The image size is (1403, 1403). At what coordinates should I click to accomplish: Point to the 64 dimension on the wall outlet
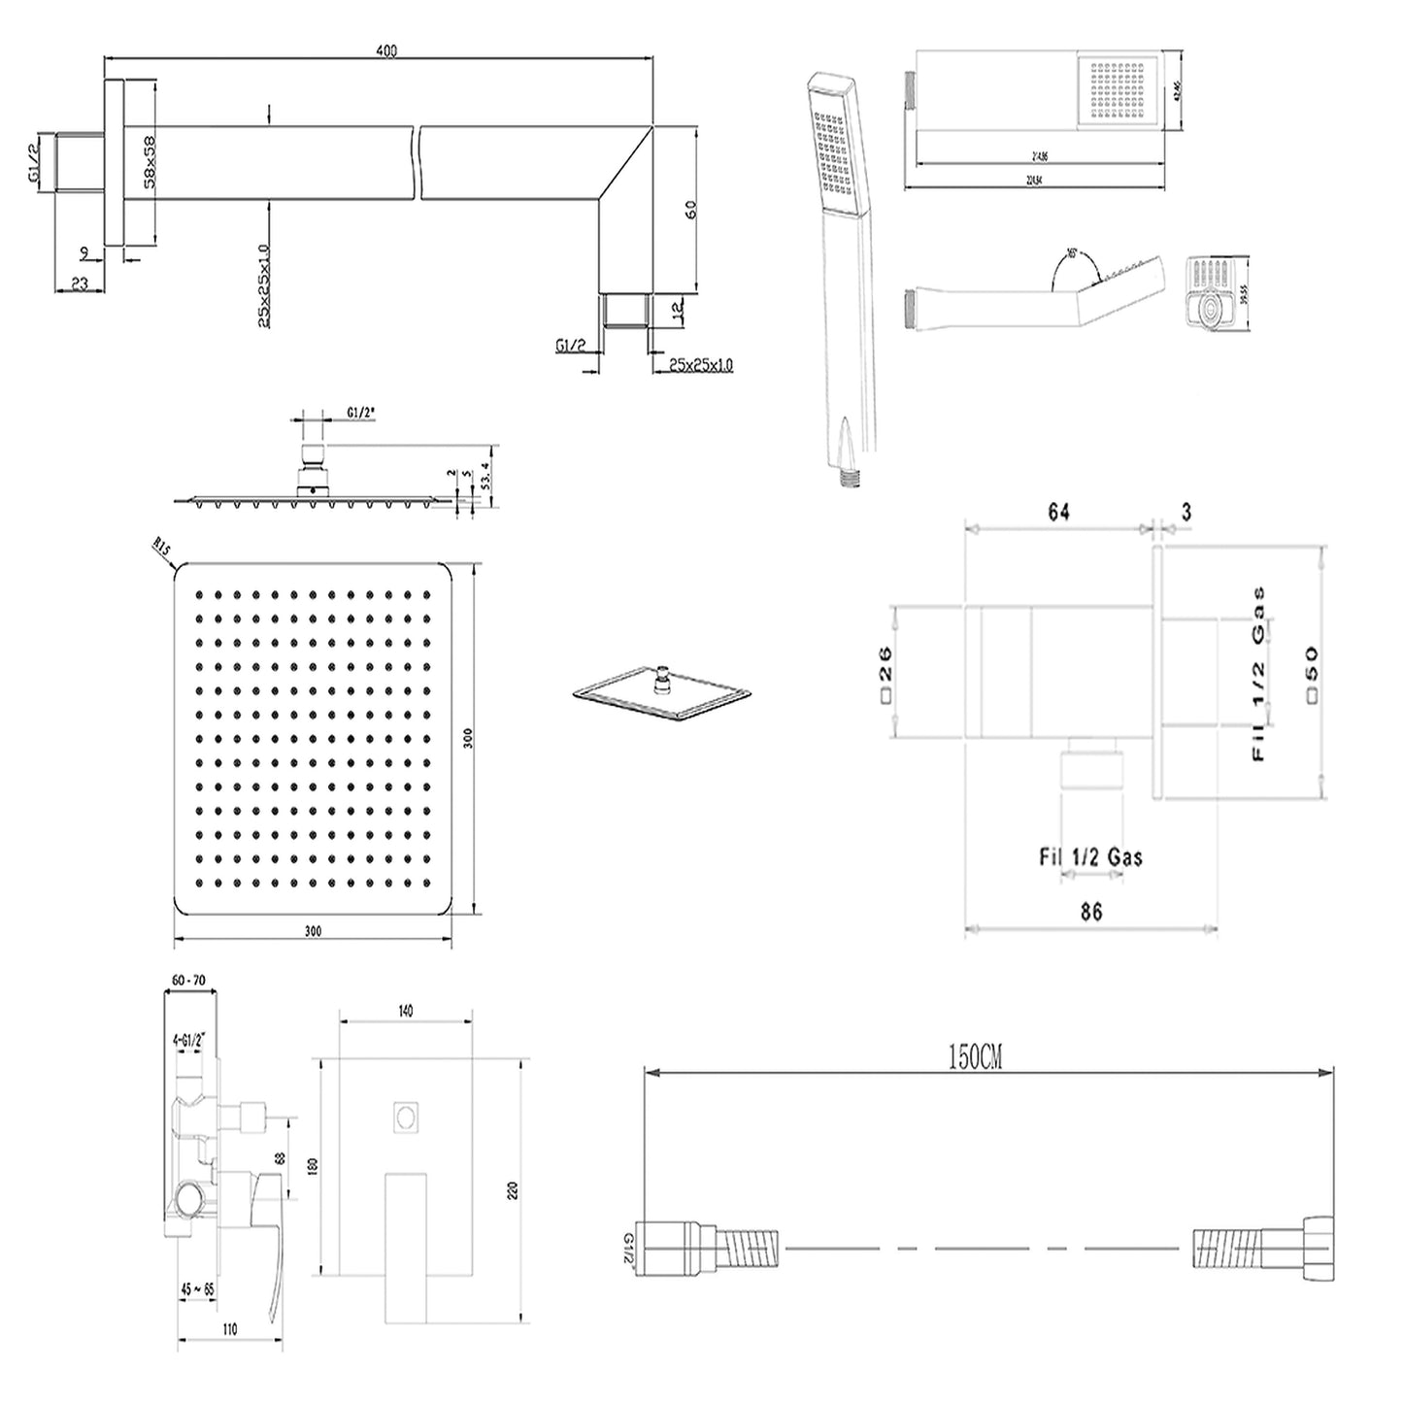(1058, 512)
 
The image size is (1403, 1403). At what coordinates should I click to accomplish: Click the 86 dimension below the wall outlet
(1090, 912)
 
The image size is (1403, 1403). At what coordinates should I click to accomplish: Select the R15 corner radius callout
(161, 554)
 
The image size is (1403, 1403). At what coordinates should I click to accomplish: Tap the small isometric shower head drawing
(663, 691)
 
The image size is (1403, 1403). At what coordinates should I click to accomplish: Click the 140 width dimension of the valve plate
(406, 1011)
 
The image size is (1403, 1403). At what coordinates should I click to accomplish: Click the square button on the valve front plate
(406, 1118)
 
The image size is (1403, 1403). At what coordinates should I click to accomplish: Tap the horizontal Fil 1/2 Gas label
(1090, 856)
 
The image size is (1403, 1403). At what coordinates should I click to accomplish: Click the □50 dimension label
(1313, 670)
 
